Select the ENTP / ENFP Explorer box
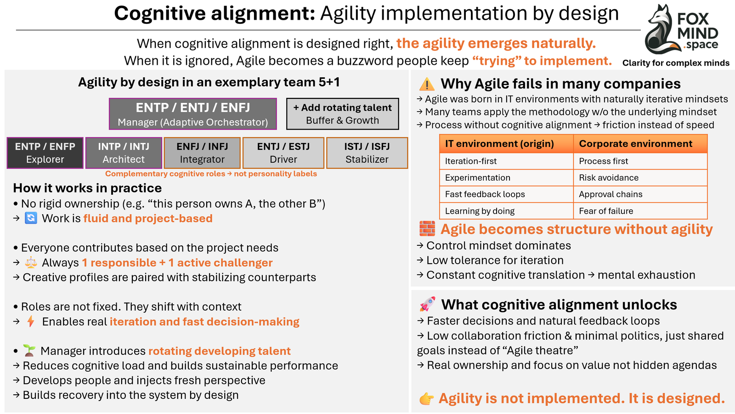tap(45, 153)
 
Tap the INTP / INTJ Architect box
tap(124, 153)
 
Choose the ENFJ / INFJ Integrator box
tap(202, 153)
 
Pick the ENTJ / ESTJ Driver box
tap(283, 153)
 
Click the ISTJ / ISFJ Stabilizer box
tap(367, 153)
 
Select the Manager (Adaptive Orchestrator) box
tap(193, 114)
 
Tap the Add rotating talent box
tap(343, 114)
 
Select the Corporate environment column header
tap(640, 144)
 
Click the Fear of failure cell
tap(640, 211)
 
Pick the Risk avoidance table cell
tap(640, 178)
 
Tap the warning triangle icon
tap(427, 84)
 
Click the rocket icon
tap(427, 304)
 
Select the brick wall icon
tap(427, 229)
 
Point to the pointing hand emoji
tap(426, 398)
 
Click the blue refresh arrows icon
tap(31, 218)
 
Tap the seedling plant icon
tap(29, 351)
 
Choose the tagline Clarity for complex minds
tap(676, 63)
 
